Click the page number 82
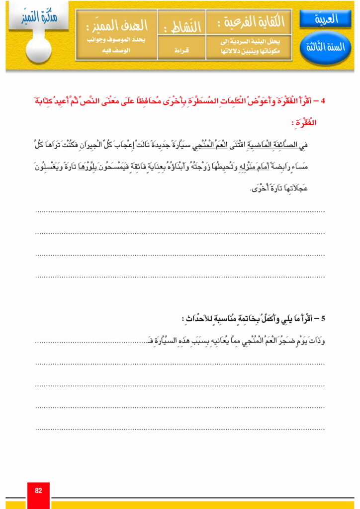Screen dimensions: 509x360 pos(38,491)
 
